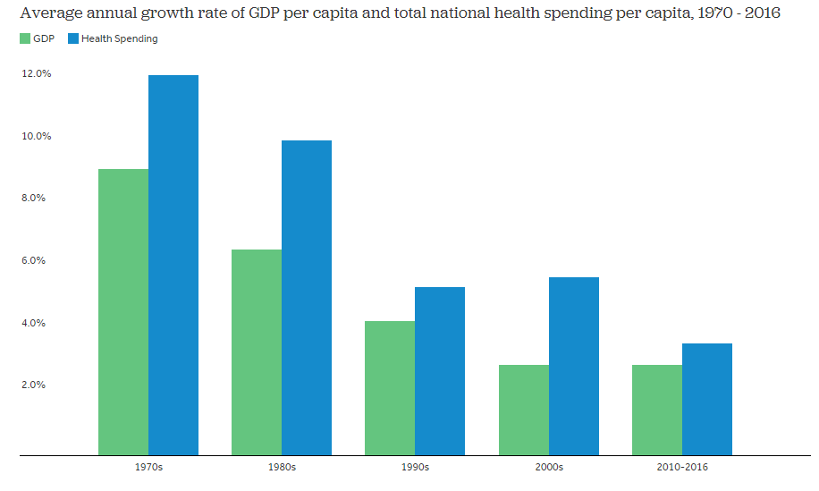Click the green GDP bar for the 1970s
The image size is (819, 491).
click(x=123, y=312)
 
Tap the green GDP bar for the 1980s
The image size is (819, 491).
click(x=257, y=352)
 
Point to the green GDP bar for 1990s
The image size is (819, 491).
click(x=390, y=388)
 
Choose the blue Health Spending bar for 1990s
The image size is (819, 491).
click(x=440, y=371)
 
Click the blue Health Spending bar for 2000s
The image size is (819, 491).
click(x=574, y=366)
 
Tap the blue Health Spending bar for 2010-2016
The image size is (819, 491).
click(x=707, y=399)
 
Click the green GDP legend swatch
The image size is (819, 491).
click(x=24, y=39)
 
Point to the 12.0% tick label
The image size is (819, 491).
click(x=37, y=74)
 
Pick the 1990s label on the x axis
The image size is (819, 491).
click(x=415, y=468)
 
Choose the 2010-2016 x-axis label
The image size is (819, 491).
click(x=682, y=468)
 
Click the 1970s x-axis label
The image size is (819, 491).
click(x=148, y=468)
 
